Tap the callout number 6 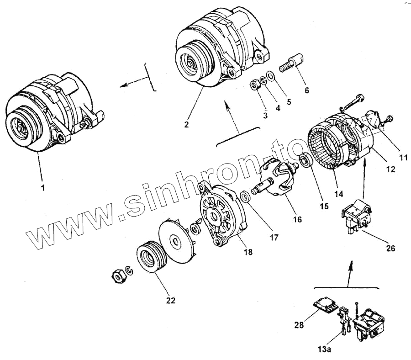click(306, 90)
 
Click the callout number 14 click(338, 194)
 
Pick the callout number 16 click(297, 219)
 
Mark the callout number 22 click(170, 300)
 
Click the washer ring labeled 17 click(245, 197)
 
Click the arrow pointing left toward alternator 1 click(132, 83)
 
